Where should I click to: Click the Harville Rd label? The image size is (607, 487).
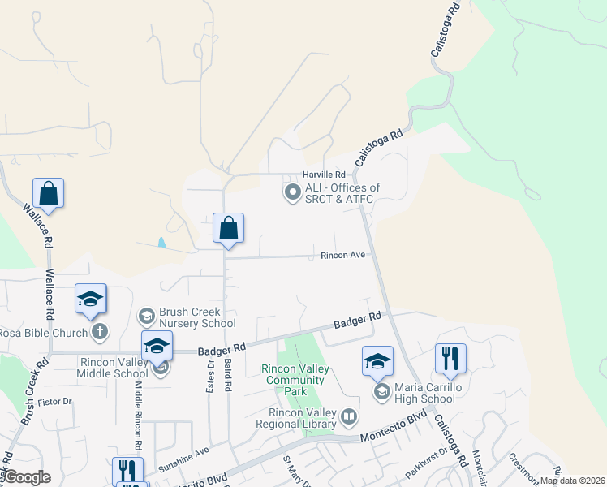point(324,175)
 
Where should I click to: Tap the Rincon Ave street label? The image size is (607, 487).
point(342,255)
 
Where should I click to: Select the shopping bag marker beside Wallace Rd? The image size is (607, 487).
point(49,194)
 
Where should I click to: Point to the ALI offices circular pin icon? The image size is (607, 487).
point(292,193)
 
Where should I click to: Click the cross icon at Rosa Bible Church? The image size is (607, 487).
point(99,331)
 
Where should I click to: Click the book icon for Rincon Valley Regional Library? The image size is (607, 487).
point(349,417)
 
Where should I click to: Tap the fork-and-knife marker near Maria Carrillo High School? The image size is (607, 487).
point(450,358)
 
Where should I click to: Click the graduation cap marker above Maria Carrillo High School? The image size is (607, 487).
point(377,361)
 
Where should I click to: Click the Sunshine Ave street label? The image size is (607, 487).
point(183,460)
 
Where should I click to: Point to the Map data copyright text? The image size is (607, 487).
point(572,481)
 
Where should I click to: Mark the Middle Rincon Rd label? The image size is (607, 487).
point(139,416)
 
